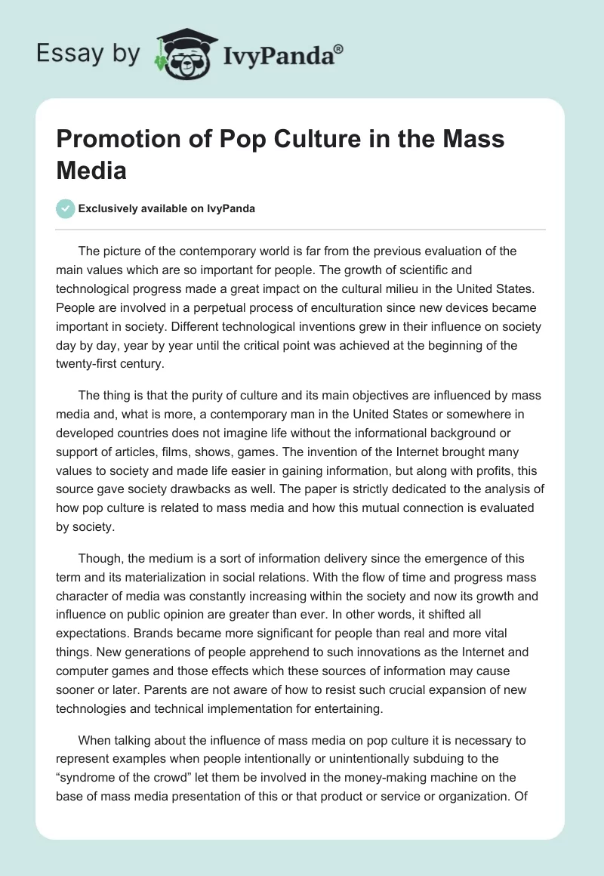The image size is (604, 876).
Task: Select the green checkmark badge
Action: tap(66, 208)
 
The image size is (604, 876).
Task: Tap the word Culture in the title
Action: tap(294, 140)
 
